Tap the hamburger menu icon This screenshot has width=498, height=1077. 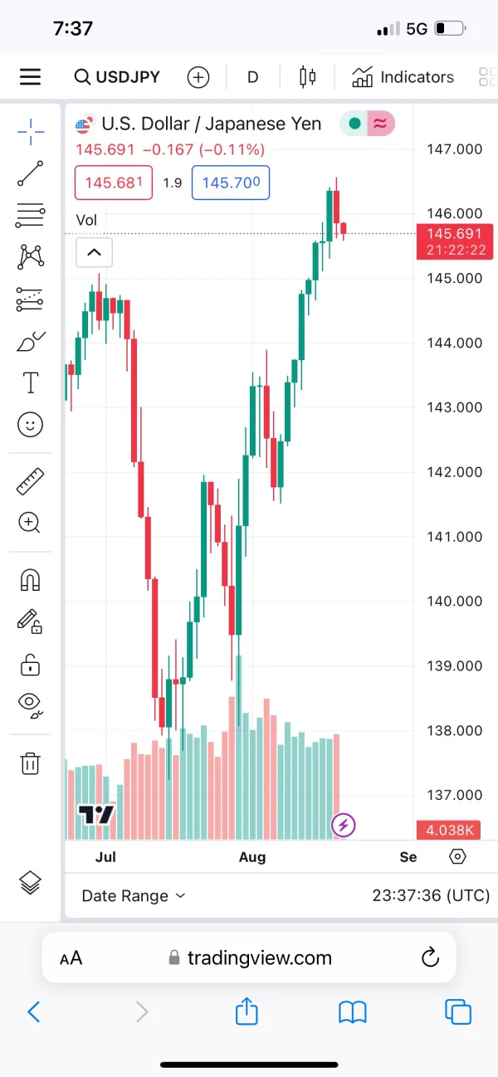click(x=31, y=77)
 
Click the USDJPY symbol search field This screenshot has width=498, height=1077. click(x=117, y=77)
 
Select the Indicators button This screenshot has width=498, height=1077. click(x=403, y=77)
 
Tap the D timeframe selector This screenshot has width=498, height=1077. click(x=252, y=77)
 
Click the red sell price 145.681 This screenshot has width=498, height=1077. click(x=114, y=183)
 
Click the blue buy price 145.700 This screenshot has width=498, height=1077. click(x=231, y=183)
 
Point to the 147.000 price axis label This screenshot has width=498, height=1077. click(x=453, y=149)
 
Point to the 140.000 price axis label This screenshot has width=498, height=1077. click(x=453, y=602)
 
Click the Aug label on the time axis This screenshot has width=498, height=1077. click(x=252, y=856)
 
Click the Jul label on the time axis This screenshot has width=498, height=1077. click(x=105, y=856)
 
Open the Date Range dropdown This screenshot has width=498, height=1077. click(x=134, y=896)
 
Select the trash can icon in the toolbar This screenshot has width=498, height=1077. click(x=30, y=763)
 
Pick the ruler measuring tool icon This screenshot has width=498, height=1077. click(x=30, y=481)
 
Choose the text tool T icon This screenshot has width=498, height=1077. click(x=30, y=383)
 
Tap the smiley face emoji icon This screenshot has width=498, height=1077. click(x=30, y=426)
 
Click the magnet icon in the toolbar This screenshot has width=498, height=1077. click(x=30, y=580)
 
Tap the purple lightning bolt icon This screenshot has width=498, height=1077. click(x=344, y=825)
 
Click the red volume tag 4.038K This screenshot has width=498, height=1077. click(x=450, y=830)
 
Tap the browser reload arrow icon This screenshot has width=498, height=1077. click(x=430, y=958)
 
